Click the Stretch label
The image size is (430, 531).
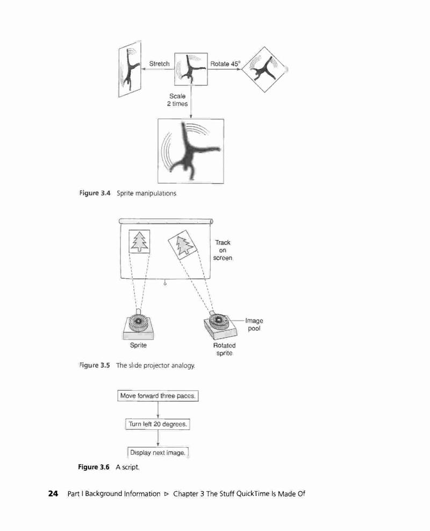point(159,63)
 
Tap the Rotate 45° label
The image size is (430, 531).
point(225,63)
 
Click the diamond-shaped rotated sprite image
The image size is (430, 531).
point(264,69)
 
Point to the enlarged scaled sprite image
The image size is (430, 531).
point(191,151)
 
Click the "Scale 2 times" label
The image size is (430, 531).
point(177,100)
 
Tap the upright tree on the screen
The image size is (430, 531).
point(139,242)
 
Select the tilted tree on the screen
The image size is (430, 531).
point(183,245)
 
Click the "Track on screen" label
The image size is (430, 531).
point(223,250)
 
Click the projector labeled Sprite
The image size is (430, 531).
point(138,325)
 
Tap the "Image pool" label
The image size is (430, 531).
point(254,324)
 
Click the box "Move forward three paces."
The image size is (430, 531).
point(158,396)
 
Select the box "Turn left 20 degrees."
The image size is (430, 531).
point(157,424)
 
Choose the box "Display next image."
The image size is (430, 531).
point(157,453)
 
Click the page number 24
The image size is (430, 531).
point(53,493)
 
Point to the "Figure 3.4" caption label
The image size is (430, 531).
point(95,193)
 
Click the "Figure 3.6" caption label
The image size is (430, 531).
point(94,467)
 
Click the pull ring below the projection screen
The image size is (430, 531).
point(165,284)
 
